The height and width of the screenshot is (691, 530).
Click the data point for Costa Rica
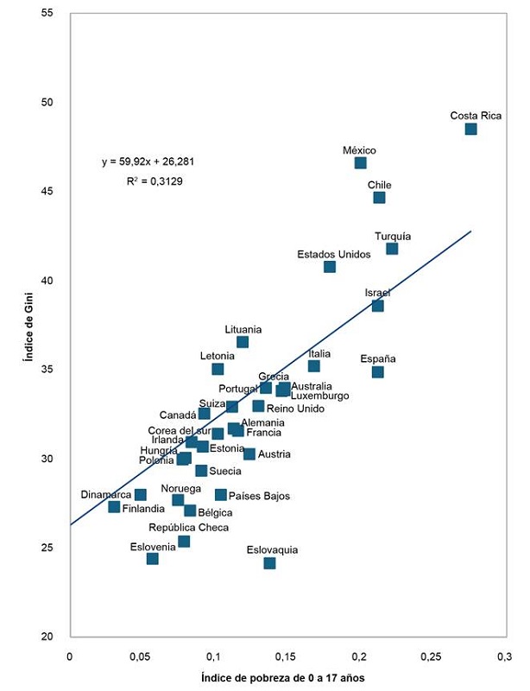point(470,129)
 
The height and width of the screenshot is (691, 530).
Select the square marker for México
point(360,162)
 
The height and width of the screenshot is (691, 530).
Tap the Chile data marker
point(379,198)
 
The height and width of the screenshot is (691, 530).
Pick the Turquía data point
point(392,249)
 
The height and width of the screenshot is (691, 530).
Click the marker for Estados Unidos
point(330,267)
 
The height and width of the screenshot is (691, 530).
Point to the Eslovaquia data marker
point(269,563)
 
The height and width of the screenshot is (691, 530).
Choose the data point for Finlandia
point(114,507)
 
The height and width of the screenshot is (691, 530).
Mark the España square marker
point(377,372)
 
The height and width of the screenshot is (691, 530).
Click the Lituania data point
point(243,342)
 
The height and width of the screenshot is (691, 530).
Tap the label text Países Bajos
point(259,496)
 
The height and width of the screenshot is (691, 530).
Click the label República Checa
point(189,527)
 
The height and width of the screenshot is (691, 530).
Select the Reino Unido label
point(295,409)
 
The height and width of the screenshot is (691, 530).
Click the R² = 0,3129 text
point(155,181)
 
